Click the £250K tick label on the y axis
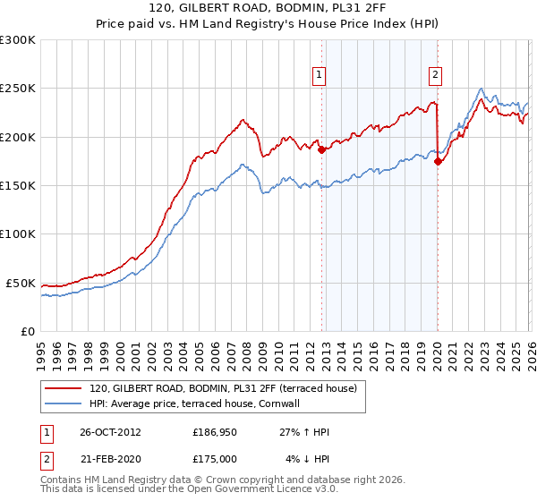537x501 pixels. click(x=18, y=89)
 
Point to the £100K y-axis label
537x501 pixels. click(x=18, y=234)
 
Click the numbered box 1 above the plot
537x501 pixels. click(x=320, y=76)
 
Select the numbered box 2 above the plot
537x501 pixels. click(x=435, y=76)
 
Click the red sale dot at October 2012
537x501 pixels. click(x=321, y=150)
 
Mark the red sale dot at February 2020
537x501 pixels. click(x=438, y=162)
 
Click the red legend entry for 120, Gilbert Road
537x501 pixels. click(x=224, y=388)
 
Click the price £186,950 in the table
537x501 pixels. click(x=215, y=432)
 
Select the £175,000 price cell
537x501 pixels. click(x=215, y=458)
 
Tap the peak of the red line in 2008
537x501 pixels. click(x=242, y=119)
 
